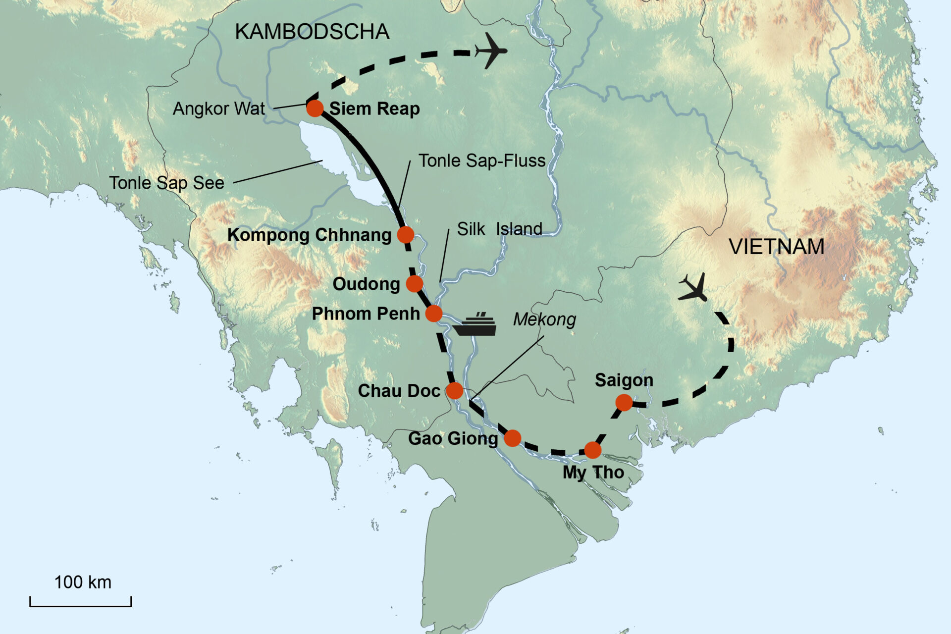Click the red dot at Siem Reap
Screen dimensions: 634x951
[315, 108]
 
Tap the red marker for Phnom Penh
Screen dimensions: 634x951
[434, 313]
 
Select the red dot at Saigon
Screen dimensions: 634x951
[624, 403]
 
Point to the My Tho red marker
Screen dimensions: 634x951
[593, 450]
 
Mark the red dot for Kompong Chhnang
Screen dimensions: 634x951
[406, 234]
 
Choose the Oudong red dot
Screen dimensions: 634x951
[415, 284]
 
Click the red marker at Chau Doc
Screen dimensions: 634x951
[455, 390]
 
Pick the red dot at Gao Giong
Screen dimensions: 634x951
[513, 438]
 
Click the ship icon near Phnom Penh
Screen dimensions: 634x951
[475, 325]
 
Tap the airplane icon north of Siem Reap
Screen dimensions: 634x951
[490, 51]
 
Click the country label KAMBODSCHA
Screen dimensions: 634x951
[312, 32]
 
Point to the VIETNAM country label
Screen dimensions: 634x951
[777, 247]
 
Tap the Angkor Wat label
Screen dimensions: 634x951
[219, 108]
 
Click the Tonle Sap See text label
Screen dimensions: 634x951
[167, 183]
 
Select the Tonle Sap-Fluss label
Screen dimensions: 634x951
[482, 160]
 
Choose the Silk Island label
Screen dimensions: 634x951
[499, 229]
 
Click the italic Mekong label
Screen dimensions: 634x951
[544, 319]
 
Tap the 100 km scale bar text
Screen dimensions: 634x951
[83, 582]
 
